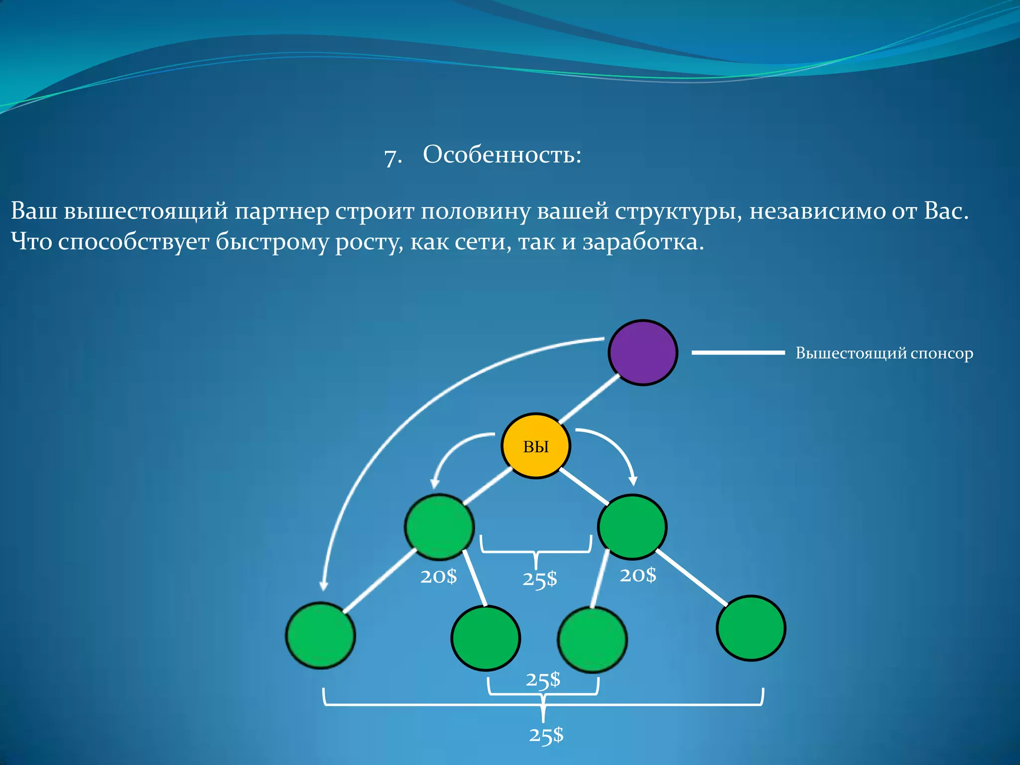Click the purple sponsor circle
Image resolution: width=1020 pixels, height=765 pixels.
pyautogui.click(x=642, y=353)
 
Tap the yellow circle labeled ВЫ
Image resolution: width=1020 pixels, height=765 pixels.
pyautogui.click(x=535, y=446)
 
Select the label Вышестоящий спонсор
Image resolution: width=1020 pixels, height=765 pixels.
pyautogui.click(x=884, y=353)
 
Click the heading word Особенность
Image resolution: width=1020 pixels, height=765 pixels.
pyautogui.click(x=501, y=154)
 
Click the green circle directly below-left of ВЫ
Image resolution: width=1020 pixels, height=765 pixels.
pyautogui.click(x=439, y=527)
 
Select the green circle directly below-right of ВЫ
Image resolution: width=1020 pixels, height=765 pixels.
pyautogui.click(x=632, y=527)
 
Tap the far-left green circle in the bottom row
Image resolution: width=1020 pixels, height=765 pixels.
pyautogui.click(x=320, y=635)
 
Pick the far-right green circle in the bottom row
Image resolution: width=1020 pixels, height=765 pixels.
pyautogui.click(x=751, y=628)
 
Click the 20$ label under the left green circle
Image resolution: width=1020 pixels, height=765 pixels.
pyautogui.click(x=438, y=576)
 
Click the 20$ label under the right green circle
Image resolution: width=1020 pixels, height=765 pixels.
pyautogui.click(x=637, y=575)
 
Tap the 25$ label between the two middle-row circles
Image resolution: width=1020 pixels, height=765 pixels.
pyautogui.click(x=539, y=579)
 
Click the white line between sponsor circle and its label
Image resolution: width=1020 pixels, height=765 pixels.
pyautogui.click(x=738, y=353)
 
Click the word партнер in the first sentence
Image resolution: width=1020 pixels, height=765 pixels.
pyautogui.click(x=282, y=211)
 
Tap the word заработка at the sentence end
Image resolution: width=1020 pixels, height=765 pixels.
pyautogui.click(x=642, y=243)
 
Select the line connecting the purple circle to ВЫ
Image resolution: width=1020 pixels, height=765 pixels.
pyautogui.click(x=589, y=399)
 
